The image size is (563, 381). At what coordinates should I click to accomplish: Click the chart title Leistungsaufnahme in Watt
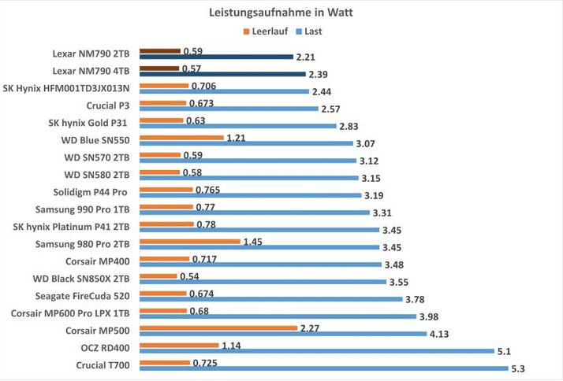pos(281,13)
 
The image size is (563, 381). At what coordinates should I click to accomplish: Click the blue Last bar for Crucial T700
pos(323,368)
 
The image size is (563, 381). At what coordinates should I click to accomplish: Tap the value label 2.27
pos(308,327)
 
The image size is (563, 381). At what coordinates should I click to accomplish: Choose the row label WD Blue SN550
pos(97,140)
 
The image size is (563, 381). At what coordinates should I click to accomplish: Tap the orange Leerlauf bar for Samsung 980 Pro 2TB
pos(190,241)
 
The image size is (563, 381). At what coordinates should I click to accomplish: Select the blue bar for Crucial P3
pos(229,109)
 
